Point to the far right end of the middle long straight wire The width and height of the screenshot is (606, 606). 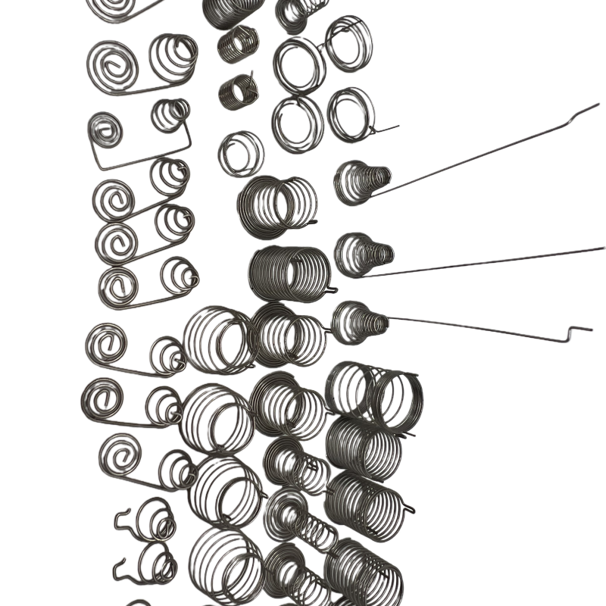tap(602, 248)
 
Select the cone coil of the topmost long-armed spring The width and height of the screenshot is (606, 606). tap(361, 182)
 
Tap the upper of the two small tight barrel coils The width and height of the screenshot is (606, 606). tap(237, 44)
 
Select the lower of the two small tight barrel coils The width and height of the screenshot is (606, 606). tap(237, 92)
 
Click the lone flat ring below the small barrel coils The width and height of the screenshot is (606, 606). tap(241, 153)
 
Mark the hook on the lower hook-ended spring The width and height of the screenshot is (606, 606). tap(119, 564)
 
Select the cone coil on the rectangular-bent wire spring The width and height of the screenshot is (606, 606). tap(170, 115)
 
